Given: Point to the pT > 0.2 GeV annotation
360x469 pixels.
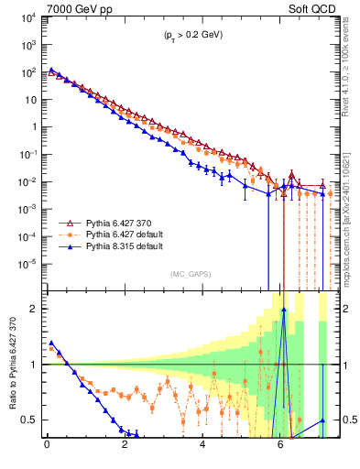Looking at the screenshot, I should point(187,34).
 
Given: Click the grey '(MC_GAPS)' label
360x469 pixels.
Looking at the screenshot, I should point(187,274).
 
